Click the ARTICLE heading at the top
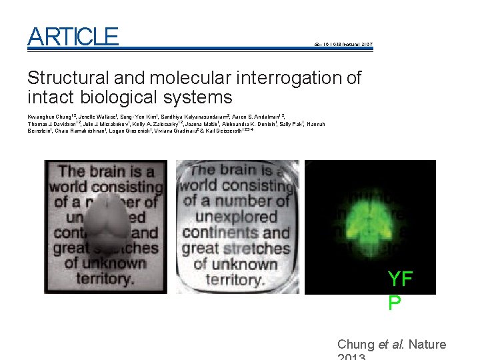[x=73, y=37]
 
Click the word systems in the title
[x=199, y=97]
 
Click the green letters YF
[x=400, y=279]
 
